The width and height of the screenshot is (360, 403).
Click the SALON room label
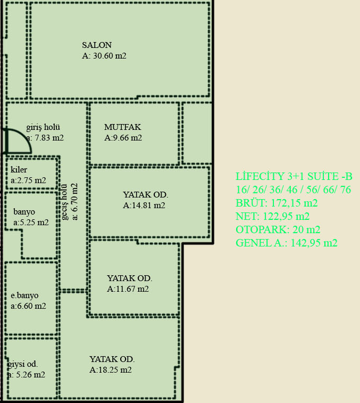pos(97,45)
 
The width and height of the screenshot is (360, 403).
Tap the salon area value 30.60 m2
pos(104,56)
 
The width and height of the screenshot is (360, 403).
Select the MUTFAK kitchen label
pos(123,127)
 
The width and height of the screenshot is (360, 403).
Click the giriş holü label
pos(43,127)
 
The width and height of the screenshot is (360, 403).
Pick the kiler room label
pos(19,170)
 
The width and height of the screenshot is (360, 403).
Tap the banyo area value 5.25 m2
pos(31,223)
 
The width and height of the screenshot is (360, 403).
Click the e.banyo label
pos(24,295)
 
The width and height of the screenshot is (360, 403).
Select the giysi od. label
pos(22,364)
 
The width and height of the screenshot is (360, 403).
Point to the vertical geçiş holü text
pos(64,202)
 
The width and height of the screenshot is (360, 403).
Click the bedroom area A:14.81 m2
pos(144,205)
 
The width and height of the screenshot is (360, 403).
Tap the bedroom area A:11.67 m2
pos(128,289)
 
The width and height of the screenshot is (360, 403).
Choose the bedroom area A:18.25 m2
pos(111,370)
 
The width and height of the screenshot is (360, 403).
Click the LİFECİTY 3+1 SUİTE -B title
pos(294,177)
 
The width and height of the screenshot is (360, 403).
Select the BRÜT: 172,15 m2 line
pos(277,203)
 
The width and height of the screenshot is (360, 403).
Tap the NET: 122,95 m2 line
pos(272,217)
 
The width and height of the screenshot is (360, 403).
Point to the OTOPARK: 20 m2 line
pos(278,229)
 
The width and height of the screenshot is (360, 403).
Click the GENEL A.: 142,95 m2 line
pos(287,243)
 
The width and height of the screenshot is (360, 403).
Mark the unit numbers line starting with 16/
pos(293,190)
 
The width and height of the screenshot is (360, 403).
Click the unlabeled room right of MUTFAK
pos(197,133)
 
